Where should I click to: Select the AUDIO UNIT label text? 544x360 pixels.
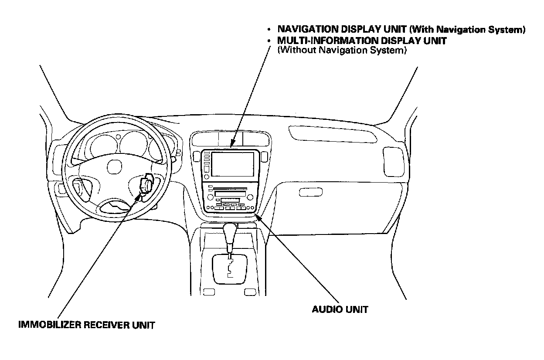pos(340,309)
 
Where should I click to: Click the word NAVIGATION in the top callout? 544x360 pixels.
pos(308,30)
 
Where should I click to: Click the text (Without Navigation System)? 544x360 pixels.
pos(342,50)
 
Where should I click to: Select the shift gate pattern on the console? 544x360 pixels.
pos(229,267)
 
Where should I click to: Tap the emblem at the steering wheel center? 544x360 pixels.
pos(114,167)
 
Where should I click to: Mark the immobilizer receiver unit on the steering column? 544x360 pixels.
pos(146,185)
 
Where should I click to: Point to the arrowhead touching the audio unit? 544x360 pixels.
pos(258,216)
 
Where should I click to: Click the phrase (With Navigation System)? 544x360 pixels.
pos(467,30)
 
